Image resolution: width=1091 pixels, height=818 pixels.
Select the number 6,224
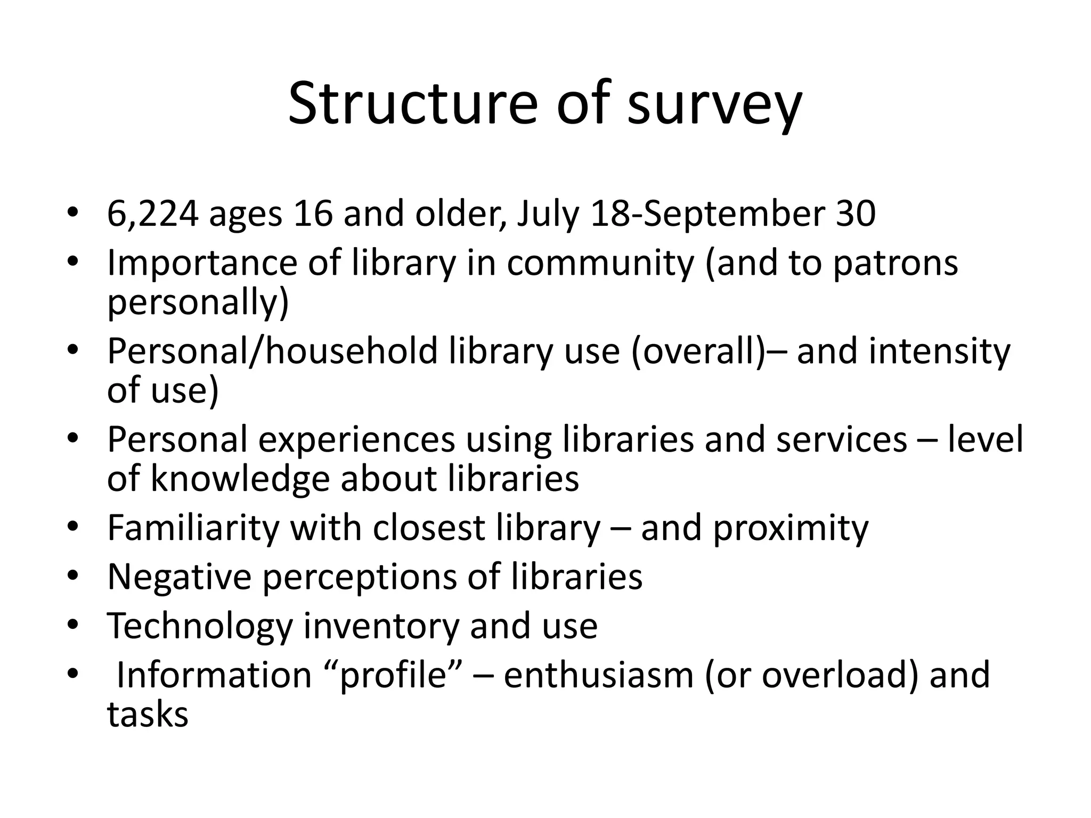pyautogui.click(x=153, y=214)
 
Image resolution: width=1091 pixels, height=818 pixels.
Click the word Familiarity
pyautogui.click(x=193, y=528)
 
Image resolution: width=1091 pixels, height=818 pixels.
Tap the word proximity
pyautogui.click(x=791, y=529)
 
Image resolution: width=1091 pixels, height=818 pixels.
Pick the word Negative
pyautogui.click(x=179, y=577)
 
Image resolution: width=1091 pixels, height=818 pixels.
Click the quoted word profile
pyautogui.click(x=392, y=675)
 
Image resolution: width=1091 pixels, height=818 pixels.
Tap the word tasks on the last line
pyautogui.click(x=148, y=714)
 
